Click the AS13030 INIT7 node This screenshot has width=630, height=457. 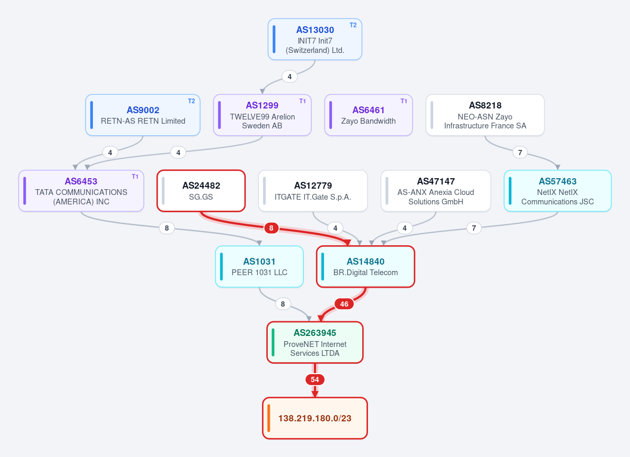pos(314,39)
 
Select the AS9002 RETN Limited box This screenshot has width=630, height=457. pos(143,115)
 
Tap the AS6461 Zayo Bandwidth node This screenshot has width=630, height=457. pos(369,115)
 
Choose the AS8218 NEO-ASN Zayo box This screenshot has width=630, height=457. pos(485,115)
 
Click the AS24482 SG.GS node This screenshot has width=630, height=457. pos(201,191)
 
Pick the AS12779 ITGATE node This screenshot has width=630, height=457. pos(313,191)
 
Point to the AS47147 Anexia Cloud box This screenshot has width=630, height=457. pos(436,191)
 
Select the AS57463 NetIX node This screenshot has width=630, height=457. pos(558,191)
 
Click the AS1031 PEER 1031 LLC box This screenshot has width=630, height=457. pos(259,267)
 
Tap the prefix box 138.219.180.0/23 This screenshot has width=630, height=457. pos(314,418)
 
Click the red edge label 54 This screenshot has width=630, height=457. pos(314,379)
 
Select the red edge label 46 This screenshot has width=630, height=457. pos(344,304)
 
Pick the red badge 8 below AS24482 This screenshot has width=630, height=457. pos(271,228)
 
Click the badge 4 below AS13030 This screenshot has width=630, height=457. pos(289,77)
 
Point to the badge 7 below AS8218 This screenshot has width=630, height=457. pos(520,153)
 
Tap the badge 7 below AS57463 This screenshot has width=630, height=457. pos(474,228)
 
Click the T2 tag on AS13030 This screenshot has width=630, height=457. pos(353,25)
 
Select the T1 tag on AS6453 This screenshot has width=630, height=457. pos(135,177)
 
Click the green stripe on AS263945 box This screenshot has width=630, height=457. pos(273,342)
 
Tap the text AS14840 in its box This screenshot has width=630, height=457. pos(365,262)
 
